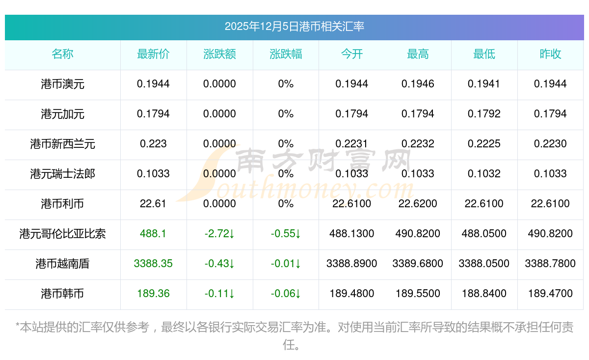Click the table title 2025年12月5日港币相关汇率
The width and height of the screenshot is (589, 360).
pyautogui.click(x=294, y=26)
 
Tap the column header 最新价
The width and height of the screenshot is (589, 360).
pyautogui.click(x=153, y=55)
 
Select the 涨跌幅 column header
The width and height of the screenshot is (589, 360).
pyautogui.click(x=286, y=55)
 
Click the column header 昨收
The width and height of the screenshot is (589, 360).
pyautogui.click(x=550, y=55)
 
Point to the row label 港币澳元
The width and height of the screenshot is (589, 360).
pyautogui.click(x=62, y=84)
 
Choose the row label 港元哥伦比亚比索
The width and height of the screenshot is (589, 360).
pyautogui.click(x=62, y=234)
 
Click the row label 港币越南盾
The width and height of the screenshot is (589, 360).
pyautogui.click(x=62, y=264)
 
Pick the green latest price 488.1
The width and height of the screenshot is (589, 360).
pyautogui.click(x=153, y=234)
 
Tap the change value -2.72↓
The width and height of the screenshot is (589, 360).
pyautogui.click(x=219, y=234)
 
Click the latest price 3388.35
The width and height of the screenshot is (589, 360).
pyautogui.click(x=153, y=264)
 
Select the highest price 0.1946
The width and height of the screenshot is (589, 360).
pyautogui.click(x=418, y=84)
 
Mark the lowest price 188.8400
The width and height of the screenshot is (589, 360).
pyautogui.click(x=484, y=294)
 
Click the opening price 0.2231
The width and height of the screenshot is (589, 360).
pyautogui.click(x=351, y=144)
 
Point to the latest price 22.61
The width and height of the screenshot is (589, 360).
pyautogui.click(x=153, y=204)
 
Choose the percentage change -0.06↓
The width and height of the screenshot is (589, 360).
pyautogui.click(x=286, y=294)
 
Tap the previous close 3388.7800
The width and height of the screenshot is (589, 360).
pyautogui.click(x=550, y=264)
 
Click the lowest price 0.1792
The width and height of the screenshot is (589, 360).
pyautogui.click(x=484, y=114)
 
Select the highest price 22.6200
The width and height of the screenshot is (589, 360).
pyautogui.click(x=418, y=204)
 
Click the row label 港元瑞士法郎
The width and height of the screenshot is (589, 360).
pyautogui.click(x=62, y=174)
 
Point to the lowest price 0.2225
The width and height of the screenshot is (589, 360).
pyautogui.click(x=484, y=144)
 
